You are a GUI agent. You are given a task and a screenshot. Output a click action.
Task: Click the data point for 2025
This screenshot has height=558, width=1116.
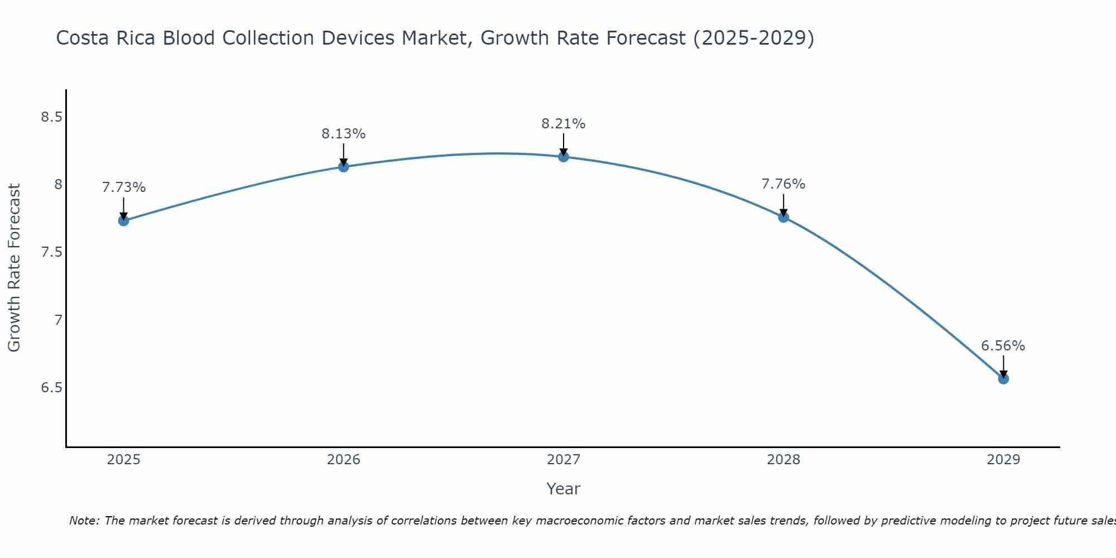(x=124, y=220)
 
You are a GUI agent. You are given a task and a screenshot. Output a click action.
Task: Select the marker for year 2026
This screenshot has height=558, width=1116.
(x=344, y=166)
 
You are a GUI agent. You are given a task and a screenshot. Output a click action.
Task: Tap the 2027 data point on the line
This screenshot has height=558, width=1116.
(x=564, y=156)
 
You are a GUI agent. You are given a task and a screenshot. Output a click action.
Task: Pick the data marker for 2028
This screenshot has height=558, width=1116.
(x=783, y=217)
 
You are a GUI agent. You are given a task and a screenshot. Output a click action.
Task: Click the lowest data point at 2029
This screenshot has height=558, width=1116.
(x=1003, y=379)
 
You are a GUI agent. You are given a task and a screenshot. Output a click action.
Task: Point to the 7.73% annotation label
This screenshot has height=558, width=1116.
(x=124, y=187)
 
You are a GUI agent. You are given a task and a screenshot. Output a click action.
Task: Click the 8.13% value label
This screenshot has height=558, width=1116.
(x=344, y=134)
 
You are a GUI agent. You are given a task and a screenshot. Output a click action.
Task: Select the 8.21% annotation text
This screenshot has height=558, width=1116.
(x=564, y=124)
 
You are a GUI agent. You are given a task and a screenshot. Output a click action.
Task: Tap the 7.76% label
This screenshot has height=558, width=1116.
(x=783, y=184)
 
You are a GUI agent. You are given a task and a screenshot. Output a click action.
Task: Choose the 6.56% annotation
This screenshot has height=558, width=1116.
(x=1003, y=346)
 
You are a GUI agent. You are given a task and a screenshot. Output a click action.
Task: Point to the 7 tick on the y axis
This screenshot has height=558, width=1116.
(x=58, y=320)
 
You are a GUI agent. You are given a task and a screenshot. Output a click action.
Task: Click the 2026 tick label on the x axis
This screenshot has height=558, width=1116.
(x=344, y=460)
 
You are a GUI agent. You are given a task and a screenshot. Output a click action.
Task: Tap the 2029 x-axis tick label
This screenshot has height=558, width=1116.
(x=1003, y=460)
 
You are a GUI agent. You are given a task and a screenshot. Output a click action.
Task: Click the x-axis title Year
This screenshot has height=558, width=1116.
(x=564, y=489)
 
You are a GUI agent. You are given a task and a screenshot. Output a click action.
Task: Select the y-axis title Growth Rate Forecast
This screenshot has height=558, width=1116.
(x=15, y=268)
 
